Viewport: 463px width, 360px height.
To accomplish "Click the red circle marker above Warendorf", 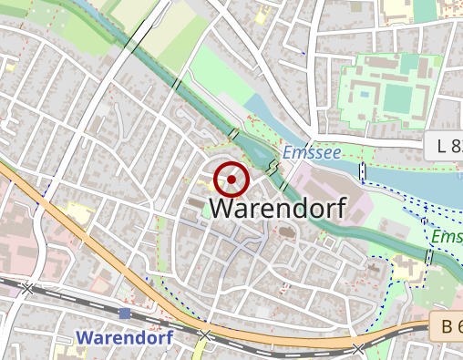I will tap(232, 180).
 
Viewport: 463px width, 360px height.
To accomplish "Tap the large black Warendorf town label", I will tap(278, 208).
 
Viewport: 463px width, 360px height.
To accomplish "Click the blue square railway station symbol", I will tap(125, 314).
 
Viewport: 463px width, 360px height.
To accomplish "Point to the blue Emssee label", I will tap(312, 152).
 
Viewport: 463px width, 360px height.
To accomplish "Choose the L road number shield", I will tap(443, 145).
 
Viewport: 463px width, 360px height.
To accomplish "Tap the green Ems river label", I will tap(447, 237).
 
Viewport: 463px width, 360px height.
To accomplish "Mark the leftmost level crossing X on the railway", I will tap(28, 288).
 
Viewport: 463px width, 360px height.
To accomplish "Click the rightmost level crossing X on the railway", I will tap(359, 348).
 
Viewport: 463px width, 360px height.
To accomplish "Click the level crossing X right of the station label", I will tap(205, 335).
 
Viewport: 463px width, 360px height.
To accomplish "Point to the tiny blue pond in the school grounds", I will tap(364, 93).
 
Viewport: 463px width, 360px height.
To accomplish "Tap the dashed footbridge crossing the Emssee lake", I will tap(362, 170).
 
